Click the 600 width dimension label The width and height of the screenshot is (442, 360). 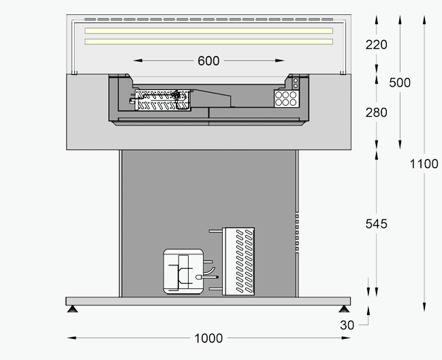click(x=208, y=61)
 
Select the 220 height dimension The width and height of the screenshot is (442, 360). click(x=376, y=45)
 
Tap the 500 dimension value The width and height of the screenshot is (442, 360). click(x=400, y=82)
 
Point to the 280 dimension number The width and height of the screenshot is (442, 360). click(x=376, y=112)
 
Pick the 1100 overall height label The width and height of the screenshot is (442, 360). click(x=424, y=164)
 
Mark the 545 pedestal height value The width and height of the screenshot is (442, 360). click(x=376, y=224)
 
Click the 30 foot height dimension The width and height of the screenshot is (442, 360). click(x=347, y=325)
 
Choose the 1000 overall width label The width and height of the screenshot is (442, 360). click(x=208, y=338)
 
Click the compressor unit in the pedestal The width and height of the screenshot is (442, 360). click(x=183, y=271)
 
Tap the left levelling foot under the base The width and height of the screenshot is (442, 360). click(x=72, y=311)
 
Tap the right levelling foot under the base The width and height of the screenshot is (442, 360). click(x=345, y=311)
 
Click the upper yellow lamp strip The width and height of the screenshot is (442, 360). click(x=208, y=31)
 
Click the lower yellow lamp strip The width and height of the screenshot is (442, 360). click(x=208, y=42)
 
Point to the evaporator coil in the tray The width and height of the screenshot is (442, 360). click(x=161, y=100)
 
